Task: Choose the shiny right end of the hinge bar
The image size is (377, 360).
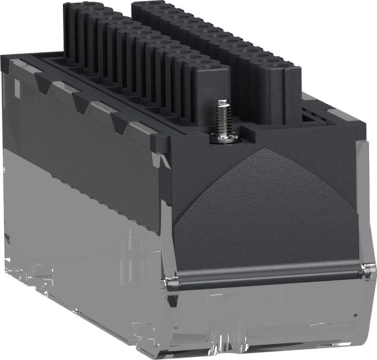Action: pyautogui.click(x=369, y=270)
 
